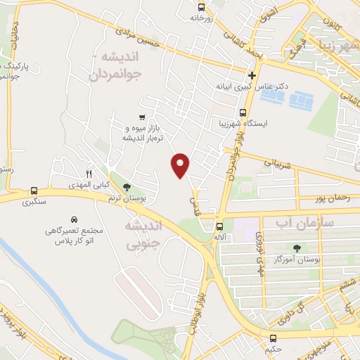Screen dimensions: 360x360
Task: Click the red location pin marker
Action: (181, 165)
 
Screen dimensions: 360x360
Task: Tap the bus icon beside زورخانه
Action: (202, 7)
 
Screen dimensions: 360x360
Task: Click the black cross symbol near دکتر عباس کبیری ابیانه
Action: (252, 75)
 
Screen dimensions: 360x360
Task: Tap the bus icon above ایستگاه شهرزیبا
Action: (243, 112)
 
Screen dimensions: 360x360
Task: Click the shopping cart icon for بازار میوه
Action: (142, 117)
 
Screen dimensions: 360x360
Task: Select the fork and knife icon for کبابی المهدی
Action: (89, 174)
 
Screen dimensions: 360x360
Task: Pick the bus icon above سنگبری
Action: (34, 191)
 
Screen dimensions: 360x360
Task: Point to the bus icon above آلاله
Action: (220, 226)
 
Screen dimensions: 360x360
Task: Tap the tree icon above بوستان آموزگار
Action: (297, 247)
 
